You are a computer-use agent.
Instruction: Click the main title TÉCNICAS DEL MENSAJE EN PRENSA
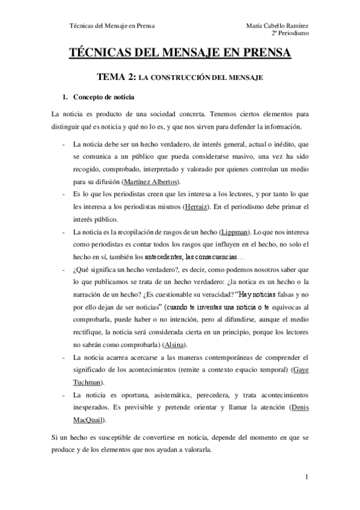point(180,54)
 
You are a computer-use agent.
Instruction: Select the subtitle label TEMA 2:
point(117,78)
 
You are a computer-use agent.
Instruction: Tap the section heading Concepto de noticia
point(104,97)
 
